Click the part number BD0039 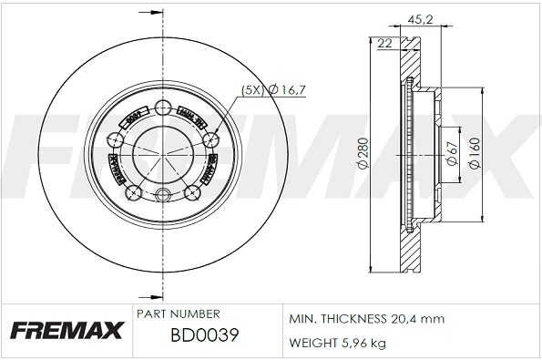coord(205,335)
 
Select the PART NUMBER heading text coord(178,313)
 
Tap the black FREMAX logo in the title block coord(66,330)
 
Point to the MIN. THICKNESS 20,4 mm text coord(365,320)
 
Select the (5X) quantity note coord(252,89)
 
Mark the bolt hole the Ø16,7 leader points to coord(211,139)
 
